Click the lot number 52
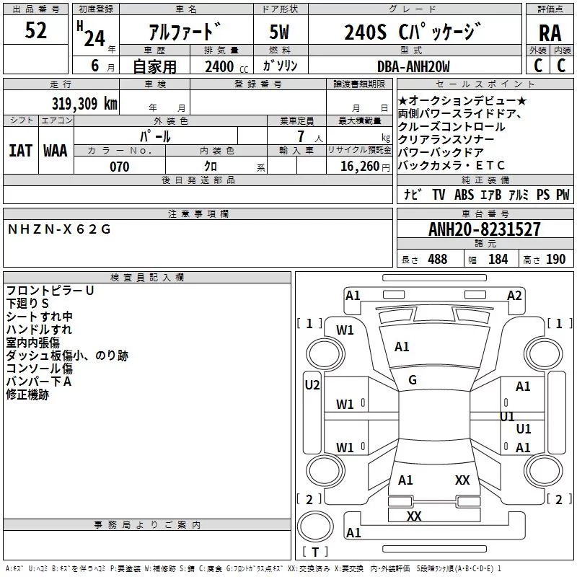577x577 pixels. click(35, 30)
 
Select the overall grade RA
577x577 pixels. click(550, 33)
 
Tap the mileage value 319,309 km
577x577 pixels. click(84, 103)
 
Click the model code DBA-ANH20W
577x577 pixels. click(413, 66)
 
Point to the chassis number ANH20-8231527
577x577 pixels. click(484, 229)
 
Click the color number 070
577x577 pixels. click(120, 167)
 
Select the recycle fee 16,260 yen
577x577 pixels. click(365, 167)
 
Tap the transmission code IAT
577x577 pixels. click(20, 151)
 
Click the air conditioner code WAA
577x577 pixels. click(56, 151)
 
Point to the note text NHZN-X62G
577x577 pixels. click(59, 229)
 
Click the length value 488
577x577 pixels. click(438, 259)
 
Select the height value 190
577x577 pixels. click(555, 259)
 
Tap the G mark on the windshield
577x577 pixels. click(413, 380)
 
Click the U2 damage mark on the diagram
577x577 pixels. click(312, 385)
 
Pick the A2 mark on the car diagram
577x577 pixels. click(514, 296)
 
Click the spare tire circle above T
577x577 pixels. click(315, 526)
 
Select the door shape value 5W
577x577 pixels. click(279, 32)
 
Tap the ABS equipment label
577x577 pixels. click(464, 195)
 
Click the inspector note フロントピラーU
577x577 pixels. click(50, 291)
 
